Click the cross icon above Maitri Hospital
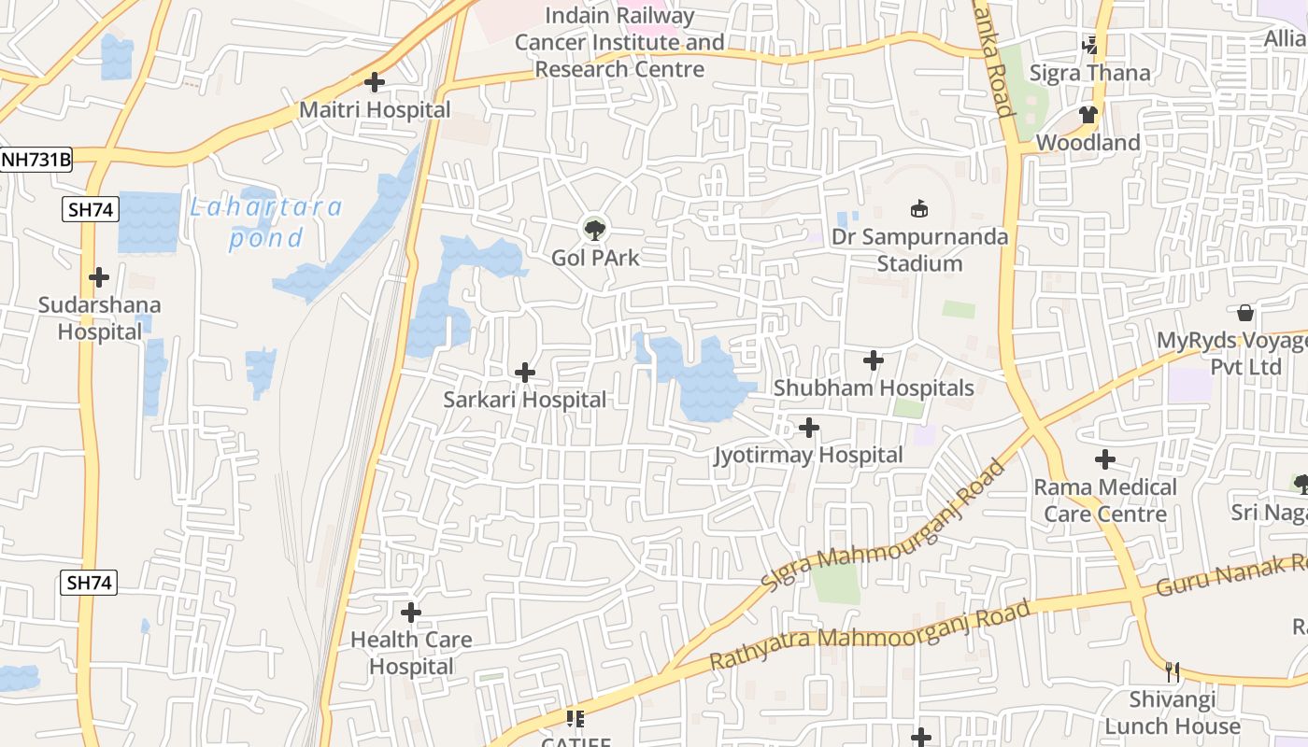point(375,82)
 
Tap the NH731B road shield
point(36,160)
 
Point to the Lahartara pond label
point(266,222)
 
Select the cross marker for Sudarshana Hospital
point(98,277)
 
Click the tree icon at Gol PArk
point(593,229)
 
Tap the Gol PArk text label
point(595,258)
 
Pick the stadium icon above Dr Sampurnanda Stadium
point(919,209)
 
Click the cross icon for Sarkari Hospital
point(525,373)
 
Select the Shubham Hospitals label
point(874,388)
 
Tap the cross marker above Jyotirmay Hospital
point(809,428)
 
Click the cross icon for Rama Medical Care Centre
point(1105,459)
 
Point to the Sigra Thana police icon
point(1089,45)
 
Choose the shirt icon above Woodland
point(1088,115)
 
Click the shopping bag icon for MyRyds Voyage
point(1244,313)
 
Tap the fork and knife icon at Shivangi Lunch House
point(1173,671)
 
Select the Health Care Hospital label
point(411,653)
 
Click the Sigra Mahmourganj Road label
point(883,524)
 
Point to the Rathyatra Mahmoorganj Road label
point(870,635)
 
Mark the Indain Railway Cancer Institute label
point(619,43)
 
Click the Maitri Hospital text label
point(375,110)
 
